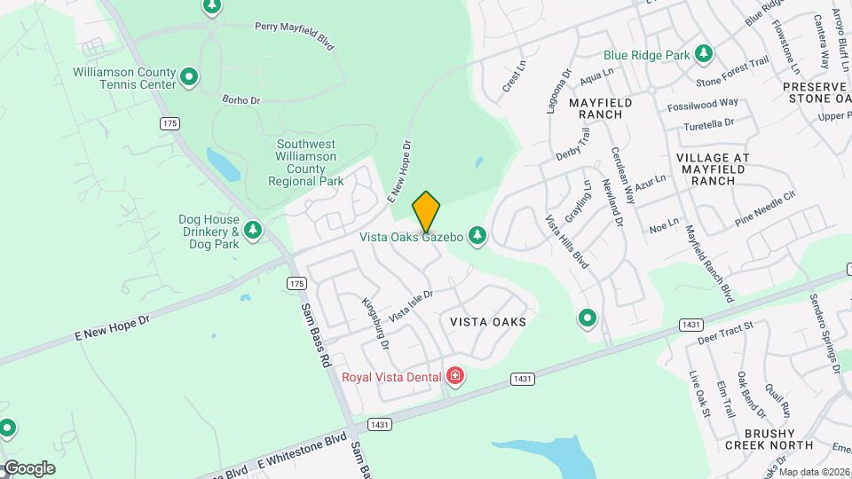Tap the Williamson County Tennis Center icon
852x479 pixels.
[188, 78]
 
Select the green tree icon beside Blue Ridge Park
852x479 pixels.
[704, 54]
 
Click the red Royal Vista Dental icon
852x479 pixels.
[455, 377]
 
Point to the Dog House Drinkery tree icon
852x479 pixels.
[253, 232]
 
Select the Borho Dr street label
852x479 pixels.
[241, 100]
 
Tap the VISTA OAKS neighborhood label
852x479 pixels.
[488, 322]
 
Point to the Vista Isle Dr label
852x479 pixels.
[411, 307]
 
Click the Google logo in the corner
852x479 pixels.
[29, 467]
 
